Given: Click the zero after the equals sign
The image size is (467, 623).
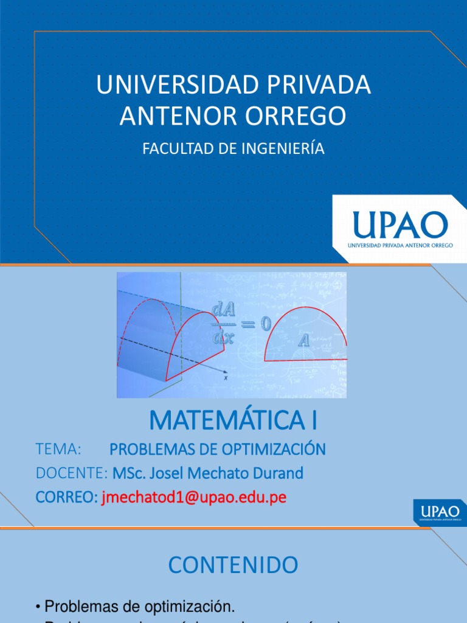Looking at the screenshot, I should point(266,324).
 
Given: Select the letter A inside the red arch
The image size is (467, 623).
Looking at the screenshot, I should point(303,341).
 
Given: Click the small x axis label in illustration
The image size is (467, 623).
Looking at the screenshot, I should point(226,378).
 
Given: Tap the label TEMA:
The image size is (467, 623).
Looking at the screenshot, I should point(58,450).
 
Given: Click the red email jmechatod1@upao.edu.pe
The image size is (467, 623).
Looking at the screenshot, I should point(193,497).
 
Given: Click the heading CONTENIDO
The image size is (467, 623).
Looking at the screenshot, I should point(233,565).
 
